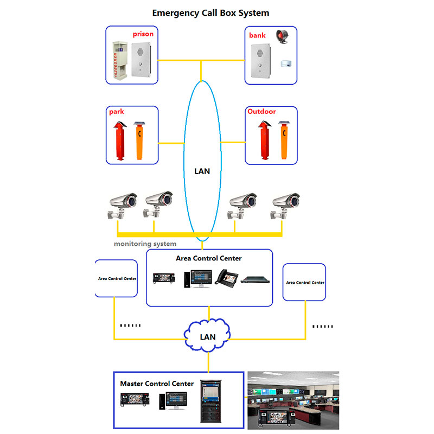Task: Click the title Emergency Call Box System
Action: click(210, 12)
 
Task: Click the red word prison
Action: click(143, 34)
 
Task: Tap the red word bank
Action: click(258, 35)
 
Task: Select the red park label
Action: click(117, 112)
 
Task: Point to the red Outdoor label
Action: click(261, 112)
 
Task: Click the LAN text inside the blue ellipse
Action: click(202, 171)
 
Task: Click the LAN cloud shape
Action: click(208, 336)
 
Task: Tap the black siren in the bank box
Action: click(282, 36)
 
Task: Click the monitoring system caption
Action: click(145, 244)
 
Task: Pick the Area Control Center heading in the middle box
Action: click(209, 258)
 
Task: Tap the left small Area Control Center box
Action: click(117, 278)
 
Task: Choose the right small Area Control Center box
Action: click(305, 282)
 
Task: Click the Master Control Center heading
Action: click(157, 384)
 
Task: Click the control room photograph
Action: click(293, 400)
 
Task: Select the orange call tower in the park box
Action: click(139, 142)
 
